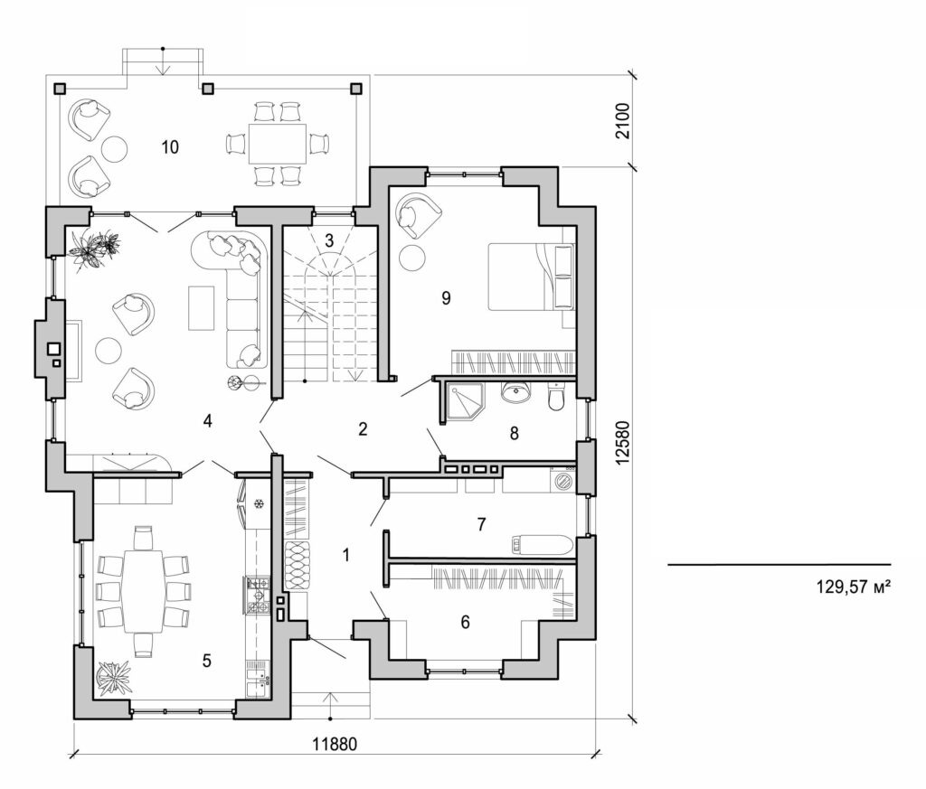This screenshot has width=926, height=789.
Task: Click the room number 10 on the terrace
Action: pos(169,146)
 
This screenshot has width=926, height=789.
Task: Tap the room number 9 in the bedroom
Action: pos(446,297)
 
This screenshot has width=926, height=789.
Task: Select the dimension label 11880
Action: pos(335,747)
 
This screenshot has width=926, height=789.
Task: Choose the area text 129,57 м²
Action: pos(854,587)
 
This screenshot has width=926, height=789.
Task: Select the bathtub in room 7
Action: pos(541,544)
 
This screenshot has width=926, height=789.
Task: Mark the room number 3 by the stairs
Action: pos(329,240)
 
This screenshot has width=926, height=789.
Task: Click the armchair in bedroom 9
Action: pos(419,213)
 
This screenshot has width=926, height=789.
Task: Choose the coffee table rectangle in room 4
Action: pos(201,306)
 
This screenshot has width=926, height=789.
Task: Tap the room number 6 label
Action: pos(466,622)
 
